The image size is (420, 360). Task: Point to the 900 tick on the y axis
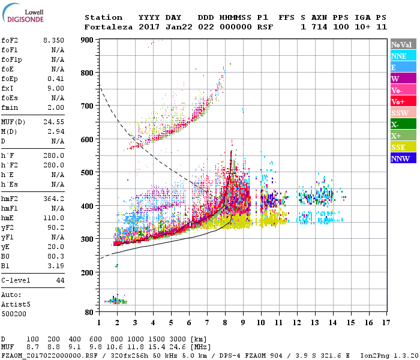[x=88, y=40]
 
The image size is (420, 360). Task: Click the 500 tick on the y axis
[x=88, y=173]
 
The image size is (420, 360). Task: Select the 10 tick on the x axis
[x=261, y=323]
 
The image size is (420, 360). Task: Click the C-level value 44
[x=60, y=280]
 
